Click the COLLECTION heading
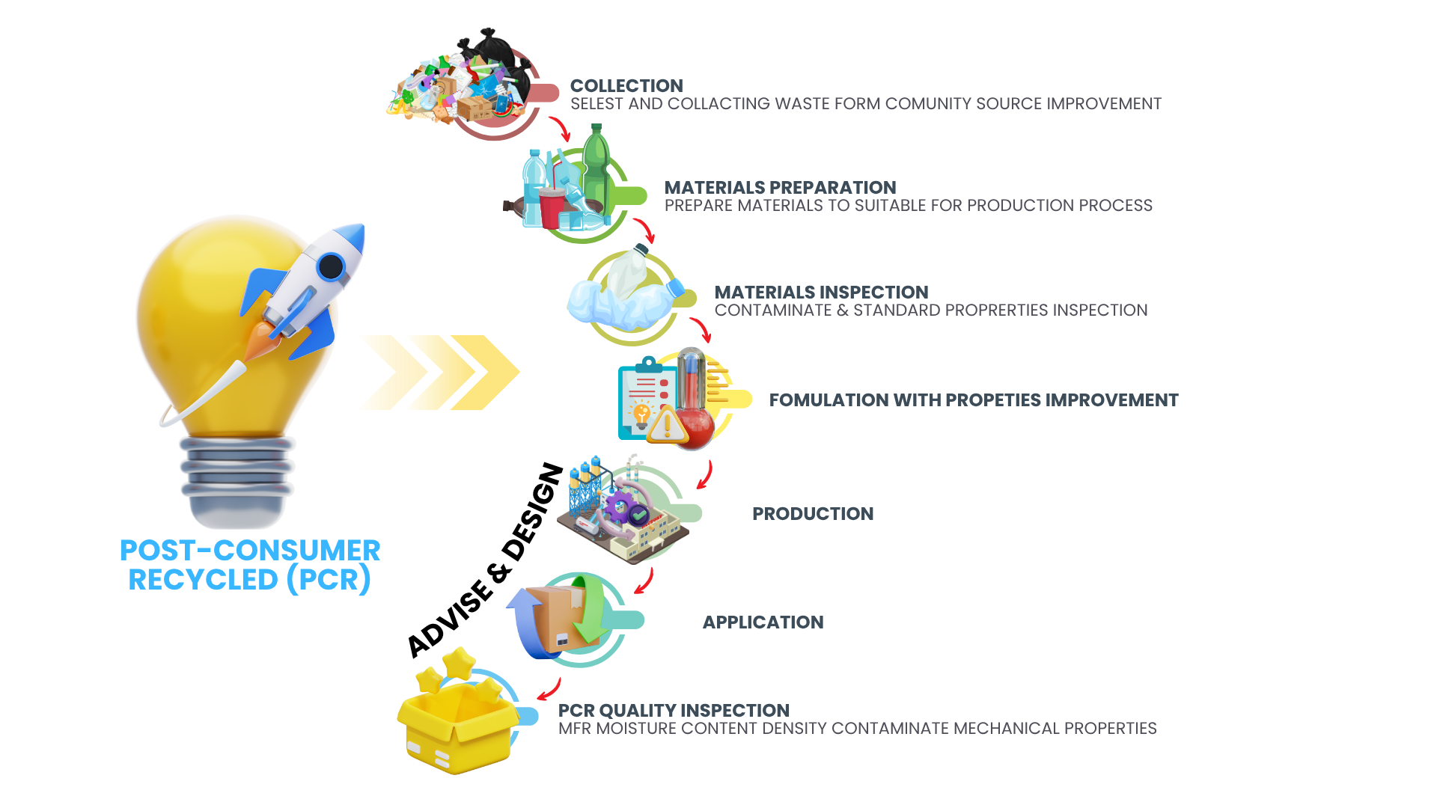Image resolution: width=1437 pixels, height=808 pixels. (626, 86)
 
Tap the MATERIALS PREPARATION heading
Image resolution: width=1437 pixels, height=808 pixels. (780, 188)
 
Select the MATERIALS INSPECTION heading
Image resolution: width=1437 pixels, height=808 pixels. (821, 293)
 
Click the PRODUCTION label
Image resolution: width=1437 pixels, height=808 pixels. (813, 514)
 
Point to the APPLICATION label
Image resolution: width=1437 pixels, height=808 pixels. (763, 622)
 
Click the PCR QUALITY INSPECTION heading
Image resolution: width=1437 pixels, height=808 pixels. (674, 711)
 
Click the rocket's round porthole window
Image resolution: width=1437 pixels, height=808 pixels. (330, 266)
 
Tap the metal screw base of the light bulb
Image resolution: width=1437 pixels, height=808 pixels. (237, 479)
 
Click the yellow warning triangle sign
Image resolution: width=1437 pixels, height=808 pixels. (666, 426)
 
